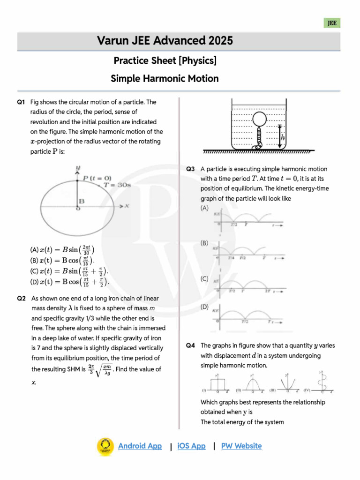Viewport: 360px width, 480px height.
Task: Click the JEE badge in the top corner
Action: [332, 23]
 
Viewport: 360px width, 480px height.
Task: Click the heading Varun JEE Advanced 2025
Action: [165, 41]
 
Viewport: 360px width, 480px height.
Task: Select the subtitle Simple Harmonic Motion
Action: [165, 78]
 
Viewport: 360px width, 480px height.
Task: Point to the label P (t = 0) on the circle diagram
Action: [97, 178]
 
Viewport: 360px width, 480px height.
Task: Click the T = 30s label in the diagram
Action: [117, 185]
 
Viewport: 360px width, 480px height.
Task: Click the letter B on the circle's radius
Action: [81, 201]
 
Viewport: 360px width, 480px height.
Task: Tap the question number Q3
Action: [190, 169]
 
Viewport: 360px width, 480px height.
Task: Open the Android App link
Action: [140, 446]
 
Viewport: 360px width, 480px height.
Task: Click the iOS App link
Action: [191, 446]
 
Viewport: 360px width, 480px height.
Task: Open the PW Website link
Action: [241, 446]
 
